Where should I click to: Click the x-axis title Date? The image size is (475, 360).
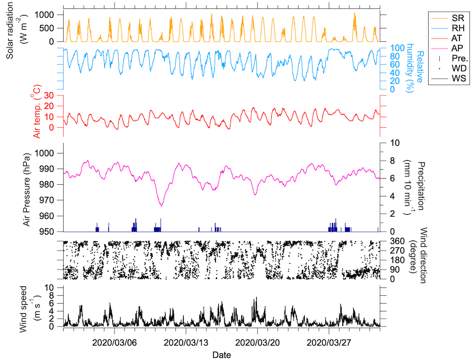(x=222, y=354)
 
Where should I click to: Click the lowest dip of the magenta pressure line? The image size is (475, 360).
(x=161, y=206)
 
